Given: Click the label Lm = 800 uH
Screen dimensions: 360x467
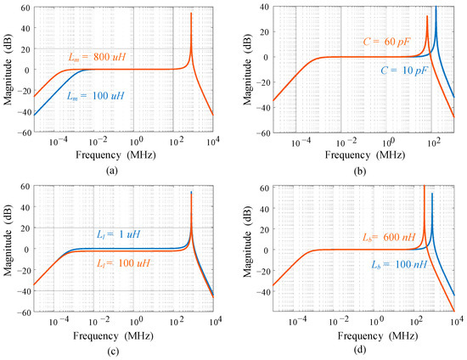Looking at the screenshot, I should point(97,56).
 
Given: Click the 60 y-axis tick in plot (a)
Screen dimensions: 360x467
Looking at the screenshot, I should point(24,8).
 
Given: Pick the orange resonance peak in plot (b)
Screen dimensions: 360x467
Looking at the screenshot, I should point(426,17).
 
